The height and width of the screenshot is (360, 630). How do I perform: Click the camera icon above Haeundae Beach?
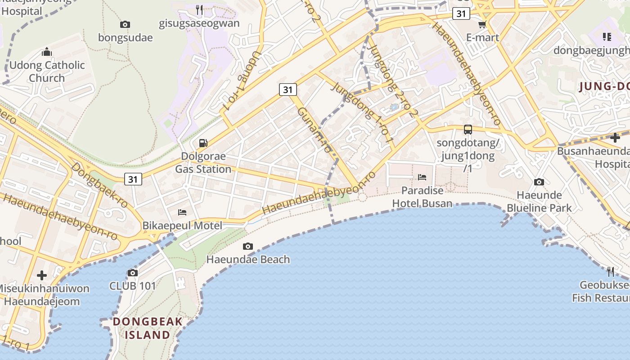click(x=247, y=246)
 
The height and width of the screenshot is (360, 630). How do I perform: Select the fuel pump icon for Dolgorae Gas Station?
click(x=203, y=143)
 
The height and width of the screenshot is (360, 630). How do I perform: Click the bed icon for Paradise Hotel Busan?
click(x=422, y=177)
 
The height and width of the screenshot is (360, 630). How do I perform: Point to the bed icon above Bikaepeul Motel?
click(x=182, y=212)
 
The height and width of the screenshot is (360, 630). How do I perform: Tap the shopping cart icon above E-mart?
click(x=482, y=24)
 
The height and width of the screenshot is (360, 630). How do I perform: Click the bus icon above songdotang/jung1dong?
click(x=468, y=130)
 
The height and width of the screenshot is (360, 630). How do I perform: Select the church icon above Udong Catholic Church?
click(x=47, y=52)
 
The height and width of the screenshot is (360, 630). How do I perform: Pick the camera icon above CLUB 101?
click(x=132, y=273)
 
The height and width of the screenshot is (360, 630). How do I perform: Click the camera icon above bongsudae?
click(x=125, y=24)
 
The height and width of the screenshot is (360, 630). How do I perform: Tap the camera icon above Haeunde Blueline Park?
click(x=539, y=182)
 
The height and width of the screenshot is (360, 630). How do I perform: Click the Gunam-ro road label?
click(x=315, y=130)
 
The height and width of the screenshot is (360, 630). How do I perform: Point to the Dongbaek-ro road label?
click(x=99, y=185)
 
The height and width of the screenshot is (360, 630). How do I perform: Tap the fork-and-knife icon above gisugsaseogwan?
click(x=199, y=9)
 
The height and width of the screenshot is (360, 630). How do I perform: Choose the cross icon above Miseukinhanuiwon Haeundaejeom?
click(x=42, y=275)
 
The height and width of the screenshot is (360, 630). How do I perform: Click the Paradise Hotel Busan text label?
click(x=422, y=197)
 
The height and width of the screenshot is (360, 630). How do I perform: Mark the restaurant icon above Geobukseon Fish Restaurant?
click(x=610, y=271)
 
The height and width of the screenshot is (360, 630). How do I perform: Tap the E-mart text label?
click(x=482, y=37)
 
